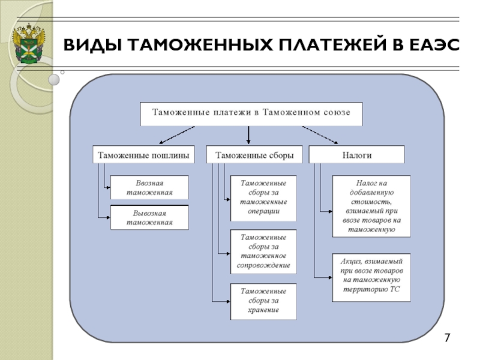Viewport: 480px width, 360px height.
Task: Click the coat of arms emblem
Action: [28, 43]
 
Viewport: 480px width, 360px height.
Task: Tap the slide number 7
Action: [447, 338]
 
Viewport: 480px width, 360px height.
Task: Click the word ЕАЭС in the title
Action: [434, 44]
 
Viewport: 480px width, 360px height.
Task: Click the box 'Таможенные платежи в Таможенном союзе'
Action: [251, 114]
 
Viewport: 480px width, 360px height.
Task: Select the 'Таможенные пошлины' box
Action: [143, 154]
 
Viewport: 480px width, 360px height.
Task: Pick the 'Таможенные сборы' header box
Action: [254, 154]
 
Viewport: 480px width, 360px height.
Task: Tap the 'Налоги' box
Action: [356, 154]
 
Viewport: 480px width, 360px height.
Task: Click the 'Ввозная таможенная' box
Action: [149, 187]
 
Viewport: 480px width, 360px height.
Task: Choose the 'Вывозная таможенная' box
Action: [149, 217]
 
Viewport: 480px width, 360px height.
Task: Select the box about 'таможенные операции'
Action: [263, 198]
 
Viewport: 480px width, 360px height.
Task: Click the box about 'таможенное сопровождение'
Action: [263, 251]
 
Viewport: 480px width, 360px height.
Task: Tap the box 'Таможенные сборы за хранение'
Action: [263, 302]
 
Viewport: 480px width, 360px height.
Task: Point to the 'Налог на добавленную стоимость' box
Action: [371, 206]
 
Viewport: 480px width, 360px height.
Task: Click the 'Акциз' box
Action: [371, 277]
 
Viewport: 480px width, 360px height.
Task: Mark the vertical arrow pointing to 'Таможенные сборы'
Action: [248, 135]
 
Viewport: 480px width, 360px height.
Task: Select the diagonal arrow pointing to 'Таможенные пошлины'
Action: [177, 135]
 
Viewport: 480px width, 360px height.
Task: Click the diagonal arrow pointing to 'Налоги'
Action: [320, 135]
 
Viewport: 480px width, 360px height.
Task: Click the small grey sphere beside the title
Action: [54, 80]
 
